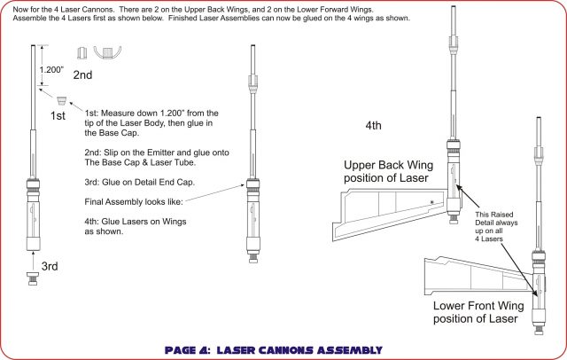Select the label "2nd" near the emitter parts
click(82, 75)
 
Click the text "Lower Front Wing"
click(478, 306)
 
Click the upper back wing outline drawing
click(394, 207)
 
